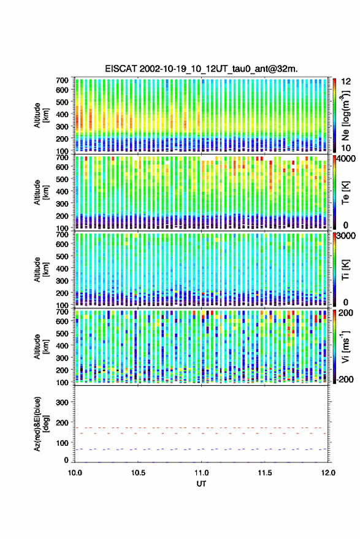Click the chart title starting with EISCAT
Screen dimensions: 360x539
coord(201,69)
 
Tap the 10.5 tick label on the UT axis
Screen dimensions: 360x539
coord(138,473)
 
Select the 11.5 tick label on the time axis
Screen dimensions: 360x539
coord(264,473)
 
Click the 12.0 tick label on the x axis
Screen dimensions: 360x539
coord(327,473)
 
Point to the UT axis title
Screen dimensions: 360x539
coord(201,484)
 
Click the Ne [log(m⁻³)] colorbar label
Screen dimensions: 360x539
coord(346,115)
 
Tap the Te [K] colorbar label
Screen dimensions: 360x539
coord(345,193)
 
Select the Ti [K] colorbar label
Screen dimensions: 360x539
coord(345,270)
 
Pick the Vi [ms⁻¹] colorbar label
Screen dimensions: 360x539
coord(346,346)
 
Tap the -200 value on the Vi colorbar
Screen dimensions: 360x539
coord(345,379)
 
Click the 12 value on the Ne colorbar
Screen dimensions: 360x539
coord(346,82)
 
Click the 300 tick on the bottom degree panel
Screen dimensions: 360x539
coord(62,402)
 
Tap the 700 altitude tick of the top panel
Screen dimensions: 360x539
coord(62,80)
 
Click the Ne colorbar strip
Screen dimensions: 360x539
coord(335,115)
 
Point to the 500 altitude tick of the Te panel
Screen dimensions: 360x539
coord(62,179)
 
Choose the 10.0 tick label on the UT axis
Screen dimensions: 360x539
coord(75,473)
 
